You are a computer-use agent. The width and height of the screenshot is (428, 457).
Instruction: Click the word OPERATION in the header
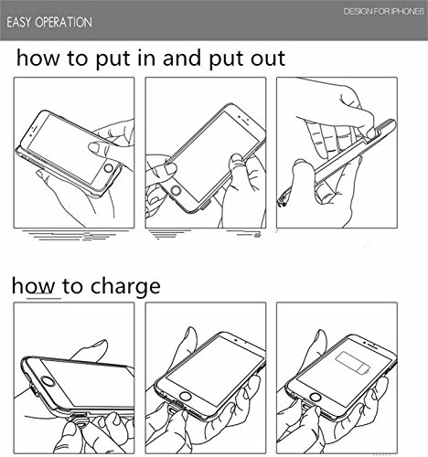click(x=63, y=23)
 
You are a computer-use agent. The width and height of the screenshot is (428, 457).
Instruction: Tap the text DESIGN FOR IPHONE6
click(x=384, y=12)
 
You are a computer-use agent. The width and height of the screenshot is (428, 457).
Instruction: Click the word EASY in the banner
click(x=19, y=23)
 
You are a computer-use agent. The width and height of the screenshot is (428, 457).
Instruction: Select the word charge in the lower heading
click(x=125, y=286)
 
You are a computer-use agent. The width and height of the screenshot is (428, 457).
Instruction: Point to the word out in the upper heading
click(x=268, y=58)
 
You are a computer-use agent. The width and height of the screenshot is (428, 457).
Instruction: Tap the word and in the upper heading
click(x=182, y=58)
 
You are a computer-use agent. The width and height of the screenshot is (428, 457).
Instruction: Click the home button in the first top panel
click(x=109, y=168)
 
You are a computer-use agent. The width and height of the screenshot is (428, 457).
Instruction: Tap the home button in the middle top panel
click(x=176, y=190)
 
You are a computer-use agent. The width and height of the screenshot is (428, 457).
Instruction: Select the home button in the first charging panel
click(x=48, y=382)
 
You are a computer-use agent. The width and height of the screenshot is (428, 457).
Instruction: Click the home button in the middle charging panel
click(x=186, y=397)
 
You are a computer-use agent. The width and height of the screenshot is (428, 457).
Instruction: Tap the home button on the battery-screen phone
click(x=316, y=398)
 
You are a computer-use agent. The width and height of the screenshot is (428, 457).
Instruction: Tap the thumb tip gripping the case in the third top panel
click(x=371, y=133)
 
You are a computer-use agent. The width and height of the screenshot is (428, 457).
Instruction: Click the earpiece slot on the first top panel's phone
click(x=35, y=129)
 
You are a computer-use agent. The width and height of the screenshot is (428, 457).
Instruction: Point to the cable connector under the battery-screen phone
click(x=306, y=408)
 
